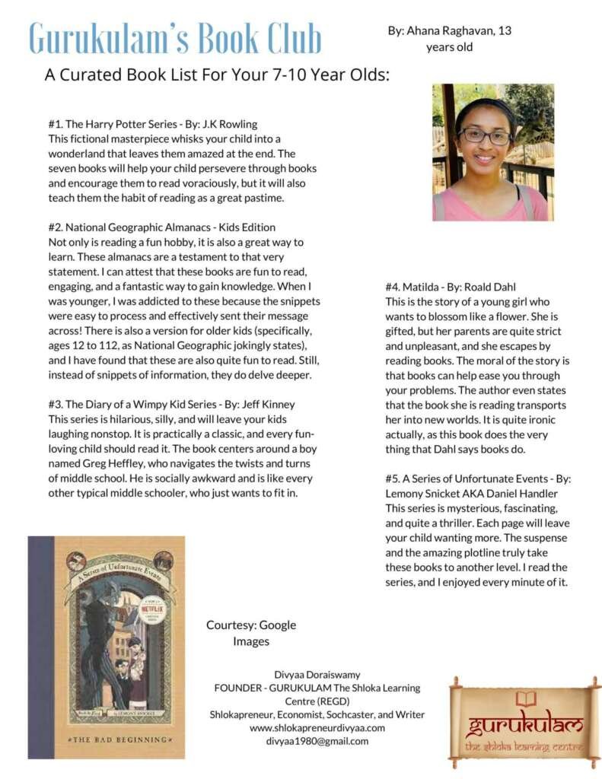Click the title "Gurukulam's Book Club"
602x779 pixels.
click(x=175, y=38)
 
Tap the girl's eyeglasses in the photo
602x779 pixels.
click(x=485, y=136)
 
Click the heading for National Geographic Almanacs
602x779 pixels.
click(x=161, y=227)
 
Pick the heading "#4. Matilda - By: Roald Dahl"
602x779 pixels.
click(x=451, y=287)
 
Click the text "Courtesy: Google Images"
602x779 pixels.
click(x=251, y=633)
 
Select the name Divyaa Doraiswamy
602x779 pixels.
click(x=317, y=674)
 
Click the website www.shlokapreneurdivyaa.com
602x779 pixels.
click(x=317, y=727)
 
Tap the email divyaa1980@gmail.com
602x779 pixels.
click(x=317, y=740)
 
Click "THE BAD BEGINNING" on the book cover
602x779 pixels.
click(x=107, y=739)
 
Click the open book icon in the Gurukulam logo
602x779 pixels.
click(x=525, y=698)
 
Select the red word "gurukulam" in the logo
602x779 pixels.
click(x=524, y=723)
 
